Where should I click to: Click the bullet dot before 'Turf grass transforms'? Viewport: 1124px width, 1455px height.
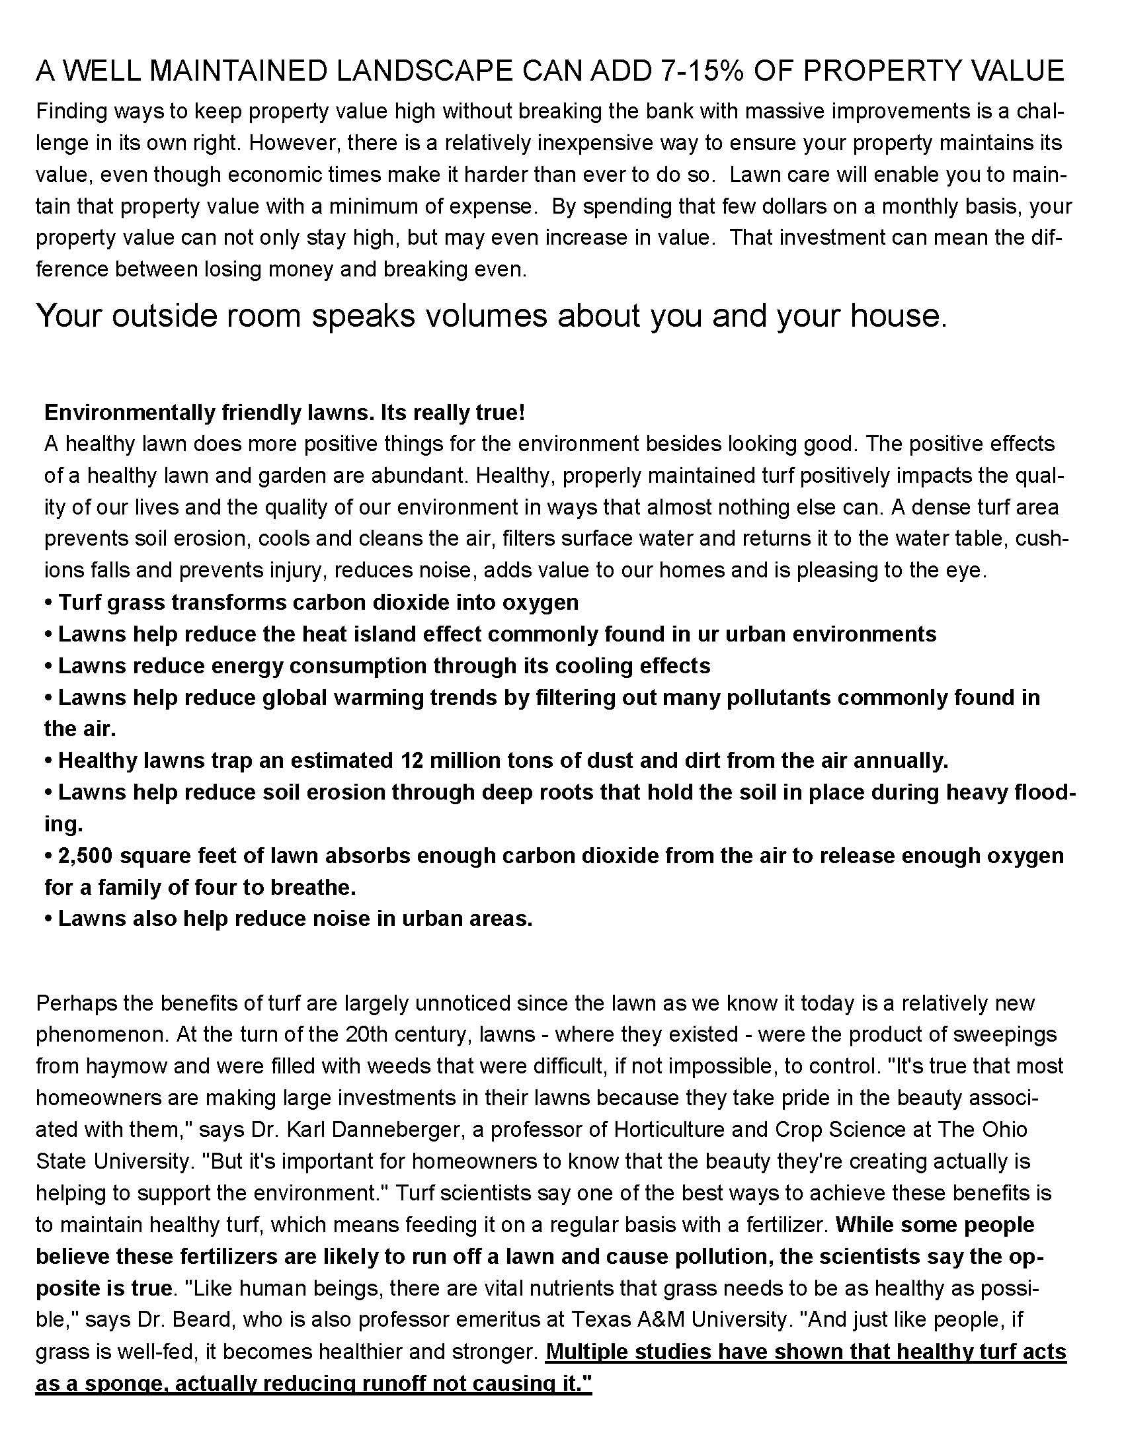coord(49,603)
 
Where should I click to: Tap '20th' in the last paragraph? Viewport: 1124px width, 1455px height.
coord(363,1034)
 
